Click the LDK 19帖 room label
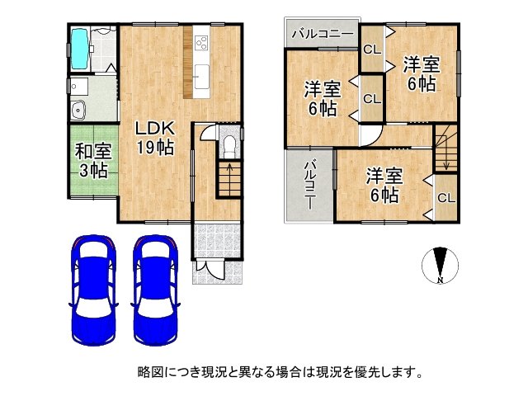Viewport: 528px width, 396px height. coord(154,138)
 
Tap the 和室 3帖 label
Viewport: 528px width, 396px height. coord(92,161)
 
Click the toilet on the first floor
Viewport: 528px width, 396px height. coord(229,147)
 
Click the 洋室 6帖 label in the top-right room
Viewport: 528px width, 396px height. coord(420,73)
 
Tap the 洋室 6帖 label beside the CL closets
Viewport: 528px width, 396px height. coord(321,98)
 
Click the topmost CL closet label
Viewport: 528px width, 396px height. coord(372,49)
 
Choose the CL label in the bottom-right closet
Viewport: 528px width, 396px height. coord(445,199)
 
